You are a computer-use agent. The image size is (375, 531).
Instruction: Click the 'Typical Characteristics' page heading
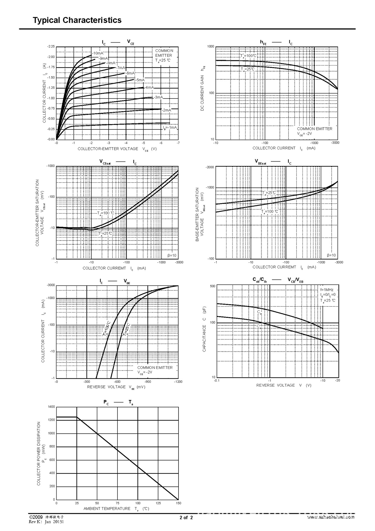click(77, 20)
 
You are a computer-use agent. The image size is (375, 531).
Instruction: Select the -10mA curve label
click(98, 53)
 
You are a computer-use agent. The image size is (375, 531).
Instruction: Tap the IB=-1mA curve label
click(170, 127)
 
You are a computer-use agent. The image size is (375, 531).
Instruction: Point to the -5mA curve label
click(140, 80)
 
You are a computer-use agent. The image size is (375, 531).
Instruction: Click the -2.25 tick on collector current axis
click(51, 46)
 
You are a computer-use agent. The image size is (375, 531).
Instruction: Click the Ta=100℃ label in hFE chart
click(248, 56)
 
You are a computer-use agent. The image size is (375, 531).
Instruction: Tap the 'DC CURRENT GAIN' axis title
click(202, 88)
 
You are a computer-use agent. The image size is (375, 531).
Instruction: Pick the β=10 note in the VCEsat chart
click(172, 255)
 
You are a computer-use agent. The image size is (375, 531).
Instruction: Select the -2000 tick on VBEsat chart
click(210, 167)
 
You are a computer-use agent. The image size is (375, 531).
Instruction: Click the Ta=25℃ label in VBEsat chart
click(269, 193)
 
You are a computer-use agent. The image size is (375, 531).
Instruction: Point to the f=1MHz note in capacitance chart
click(327, 290)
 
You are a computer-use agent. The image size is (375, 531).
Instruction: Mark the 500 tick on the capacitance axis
click(213, 286)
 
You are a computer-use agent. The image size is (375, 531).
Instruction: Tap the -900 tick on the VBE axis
click(148, 382)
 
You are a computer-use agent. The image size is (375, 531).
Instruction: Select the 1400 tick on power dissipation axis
click(51, 407)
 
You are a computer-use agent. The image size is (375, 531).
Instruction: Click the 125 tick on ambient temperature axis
click(158, 503)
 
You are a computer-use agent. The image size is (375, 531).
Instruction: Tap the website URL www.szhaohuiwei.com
click(331, 517)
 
